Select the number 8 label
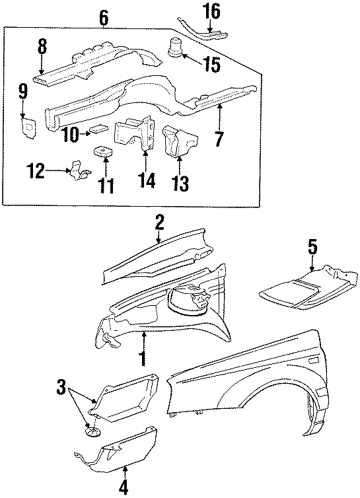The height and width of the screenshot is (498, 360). pos(42,47)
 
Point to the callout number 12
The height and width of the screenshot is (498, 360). pos(36,172)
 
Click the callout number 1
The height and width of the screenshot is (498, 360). pos(141,359)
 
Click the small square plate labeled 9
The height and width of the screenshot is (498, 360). pos(28,124)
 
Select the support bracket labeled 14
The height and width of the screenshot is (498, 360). pos(134,135)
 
